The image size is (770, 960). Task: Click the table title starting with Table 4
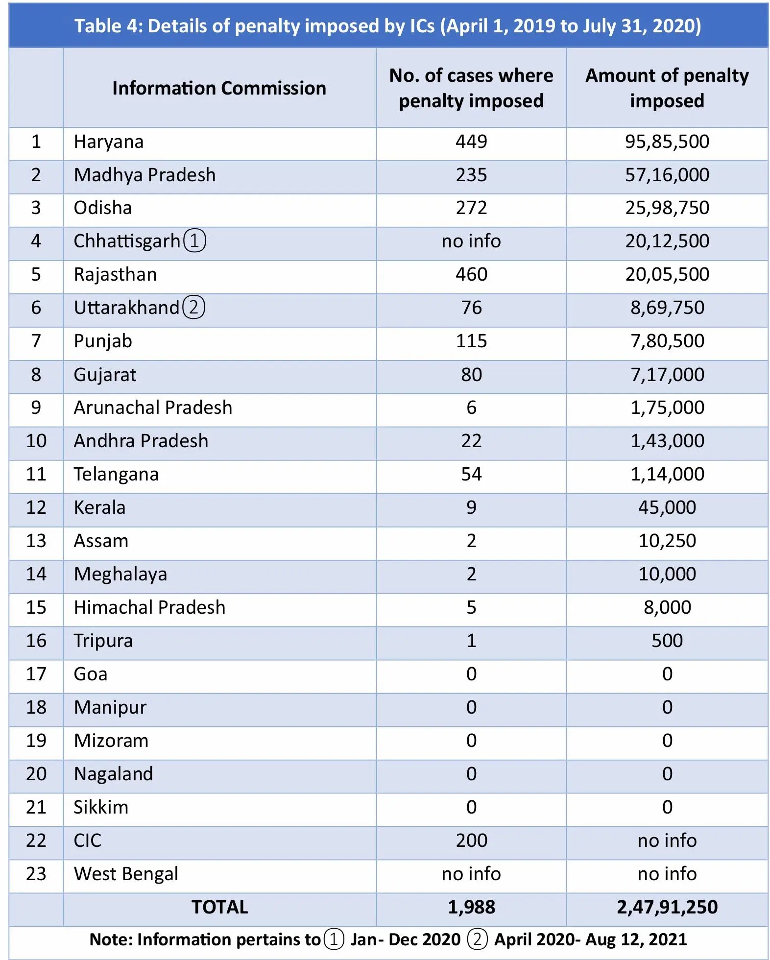click(x=387, y=26)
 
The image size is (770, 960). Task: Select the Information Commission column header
click(x=219, y=88)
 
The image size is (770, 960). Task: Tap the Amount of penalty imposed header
click(x=667, y=88)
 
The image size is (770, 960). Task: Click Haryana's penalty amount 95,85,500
click(x=667, y=142)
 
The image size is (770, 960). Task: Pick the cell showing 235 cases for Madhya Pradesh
click(x=471, y=175)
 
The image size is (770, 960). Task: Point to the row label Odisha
click(x=103, y=208)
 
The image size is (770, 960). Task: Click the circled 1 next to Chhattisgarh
click(x=194, y=241)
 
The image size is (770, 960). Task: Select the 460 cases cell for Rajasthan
click(x=471, y=274)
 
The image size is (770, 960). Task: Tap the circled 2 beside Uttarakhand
click(x=193, y=308)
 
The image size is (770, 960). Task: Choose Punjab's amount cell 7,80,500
click(x=667, y=341)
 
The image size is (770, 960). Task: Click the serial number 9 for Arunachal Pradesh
click(x=36, y=408)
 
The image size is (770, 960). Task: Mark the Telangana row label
click(x=116, y=475)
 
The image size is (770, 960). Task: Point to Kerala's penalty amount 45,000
click(x=667, y=507)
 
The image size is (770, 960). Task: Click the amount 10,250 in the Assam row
click(x=667, y=541)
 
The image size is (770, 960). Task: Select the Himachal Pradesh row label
click(x=149, y=607)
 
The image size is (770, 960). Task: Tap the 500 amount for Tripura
click(x=667, y=641)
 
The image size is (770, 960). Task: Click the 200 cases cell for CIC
click(x=471, y=840)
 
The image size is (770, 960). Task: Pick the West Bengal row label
click(x=126, y=874)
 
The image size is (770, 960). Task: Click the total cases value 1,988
click(x=471, y=907)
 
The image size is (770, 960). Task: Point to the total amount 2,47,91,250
click(x=667, y=907)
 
